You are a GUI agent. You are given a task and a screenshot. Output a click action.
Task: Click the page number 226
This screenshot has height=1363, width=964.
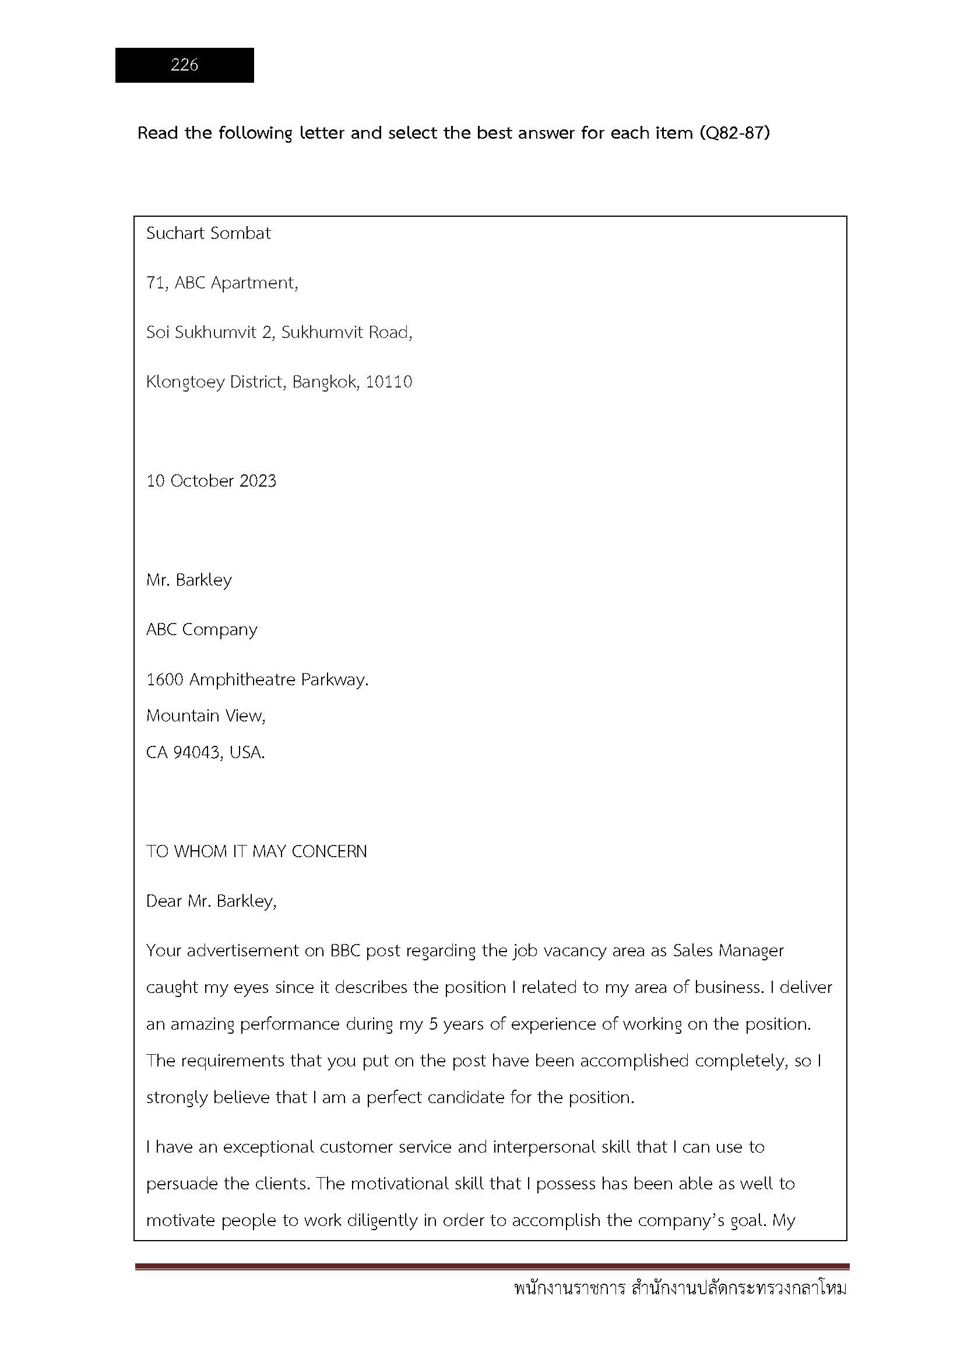[184, 65]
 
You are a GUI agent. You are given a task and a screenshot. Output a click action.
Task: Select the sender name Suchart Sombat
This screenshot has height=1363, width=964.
[208, 233]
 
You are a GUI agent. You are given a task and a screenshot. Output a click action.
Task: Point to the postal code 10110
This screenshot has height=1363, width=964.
[389, 382]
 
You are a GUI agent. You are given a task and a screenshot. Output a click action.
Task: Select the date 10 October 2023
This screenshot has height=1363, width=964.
[212, 481]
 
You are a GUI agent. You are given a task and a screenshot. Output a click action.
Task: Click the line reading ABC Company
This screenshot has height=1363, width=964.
[202, 629]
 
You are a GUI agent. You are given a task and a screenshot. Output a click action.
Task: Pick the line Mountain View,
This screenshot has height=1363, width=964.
[206, 716]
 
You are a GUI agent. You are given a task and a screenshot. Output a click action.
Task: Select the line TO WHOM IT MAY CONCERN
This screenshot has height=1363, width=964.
[256, 851]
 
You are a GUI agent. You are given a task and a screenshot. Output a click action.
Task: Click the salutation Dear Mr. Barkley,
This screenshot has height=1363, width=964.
[212, 901]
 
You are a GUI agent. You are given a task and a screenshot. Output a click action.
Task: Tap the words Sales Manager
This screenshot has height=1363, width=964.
[729, 950]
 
